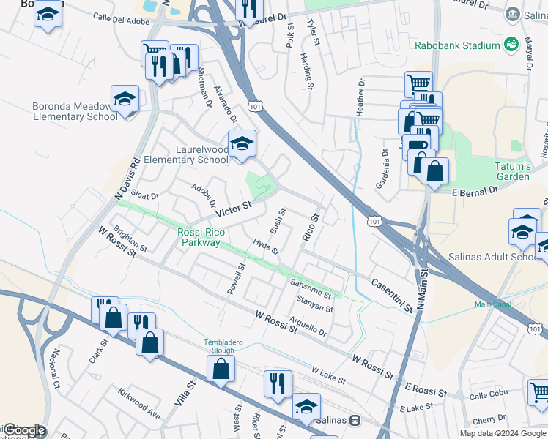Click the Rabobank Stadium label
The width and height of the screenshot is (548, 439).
pyautogui.click(x=457, y=45)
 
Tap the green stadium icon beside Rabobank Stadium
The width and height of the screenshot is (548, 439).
pyautogui.click(x=511, y=45)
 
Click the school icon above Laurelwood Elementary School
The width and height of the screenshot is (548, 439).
pyautogui.click(x=242, y=143)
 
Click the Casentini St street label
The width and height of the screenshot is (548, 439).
pyautogui.click(x=392, y=296)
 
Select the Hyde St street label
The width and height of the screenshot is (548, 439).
pyautogui.click(x=266, y=247)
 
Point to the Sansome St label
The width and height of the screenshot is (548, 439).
pyautogui.click(x=311, y=288)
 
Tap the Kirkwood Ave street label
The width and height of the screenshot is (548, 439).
pyautogui.click(x=138, y=402)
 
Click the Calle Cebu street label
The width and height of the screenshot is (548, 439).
pyautogui.click(x=488, y=396)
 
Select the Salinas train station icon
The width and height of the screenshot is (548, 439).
pyautogui.click(x=355, y=421)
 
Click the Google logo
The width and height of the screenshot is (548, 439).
pyautogui.click(x=23, y=430)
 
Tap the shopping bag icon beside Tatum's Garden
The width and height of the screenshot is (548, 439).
pyautogui.click(x=434, y=172)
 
